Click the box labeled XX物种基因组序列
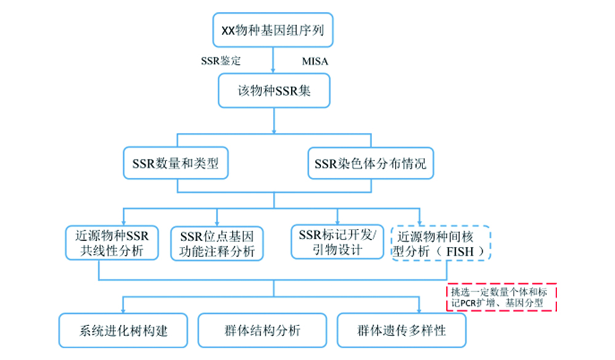tap(273, 30)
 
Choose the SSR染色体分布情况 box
tap(370, 164)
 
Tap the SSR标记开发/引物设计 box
tap(336, 242)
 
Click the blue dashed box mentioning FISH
tap(441, 243)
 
